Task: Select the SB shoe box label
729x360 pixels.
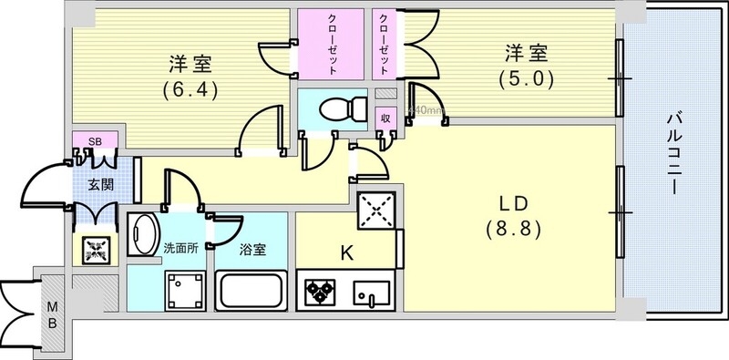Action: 94,141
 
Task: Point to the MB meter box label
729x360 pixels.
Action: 54,315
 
